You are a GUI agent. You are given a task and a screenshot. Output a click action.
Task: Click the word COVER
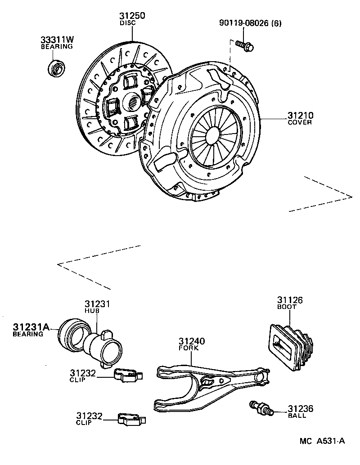300,122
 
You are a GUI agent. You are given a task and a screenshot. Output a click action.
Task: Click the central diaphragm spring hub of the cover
214,135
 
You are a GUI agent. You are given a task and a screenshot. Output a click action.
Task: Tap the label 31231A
31,327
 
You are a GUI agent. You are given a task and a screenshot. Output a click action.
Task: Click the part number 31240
192,341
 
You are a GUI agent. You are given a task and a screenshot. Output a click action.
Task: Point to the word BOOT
287,307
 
